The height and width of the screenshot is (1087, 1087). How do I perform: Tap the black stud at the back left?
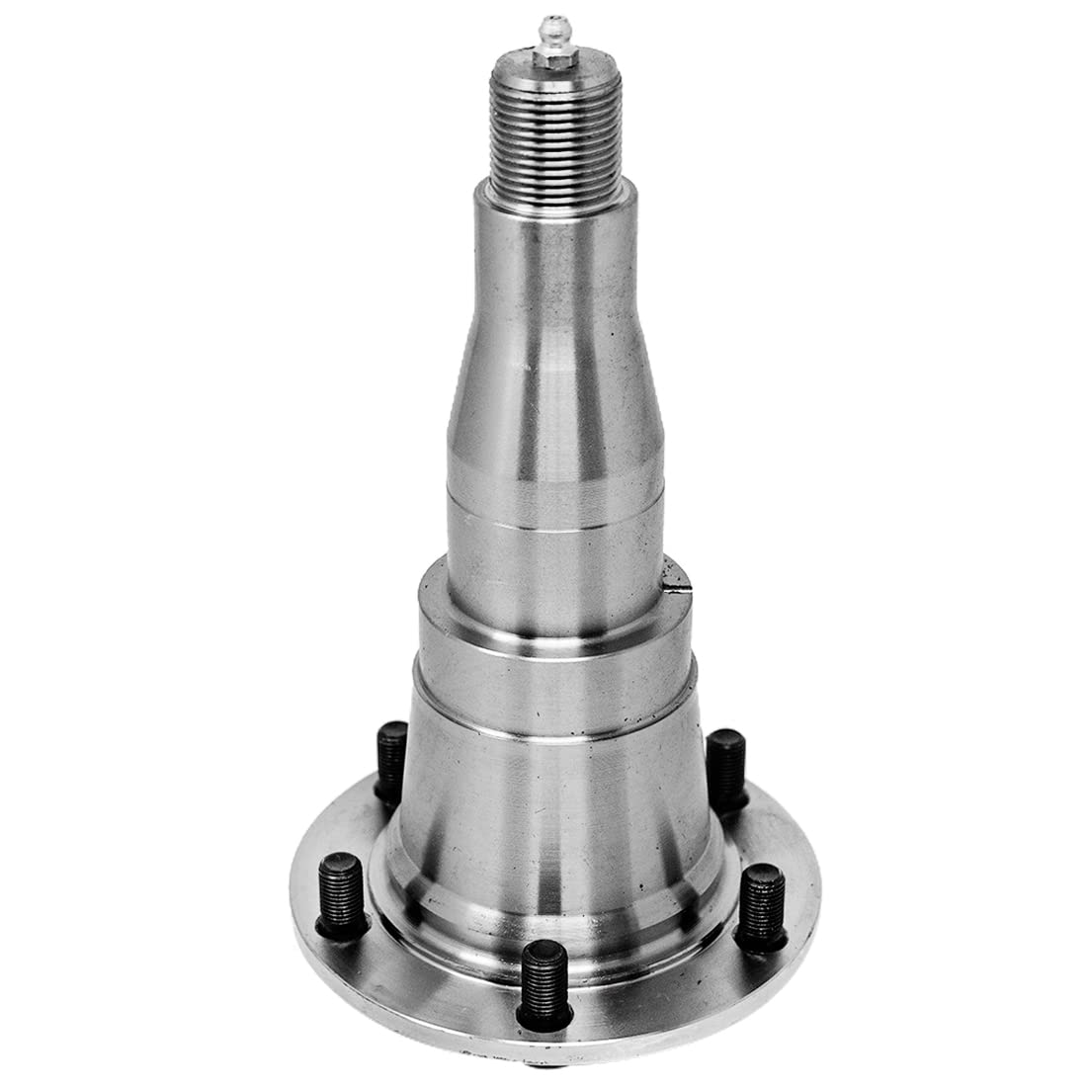pos(392,761)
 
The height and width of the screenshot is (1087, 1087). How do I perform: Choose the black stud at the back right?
pos(726,766)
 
